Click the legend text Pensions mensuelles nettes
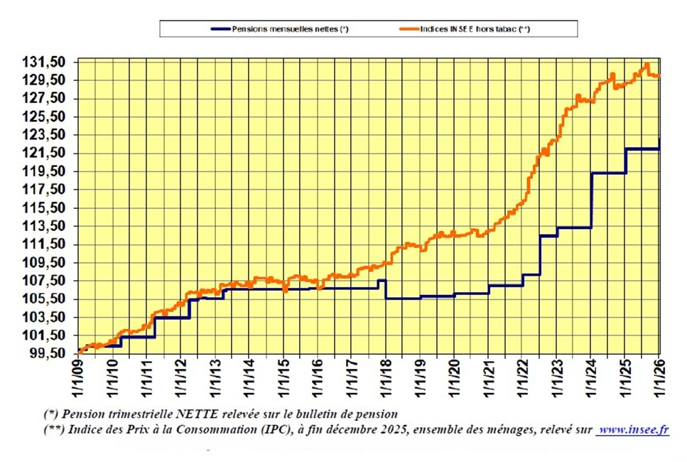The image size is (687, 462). click(x=291, y=29)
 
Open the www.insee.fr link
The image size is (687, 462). click(x=632, y=429)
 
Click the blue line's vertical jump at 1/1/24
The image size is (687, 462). click(x=591, y=200)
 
